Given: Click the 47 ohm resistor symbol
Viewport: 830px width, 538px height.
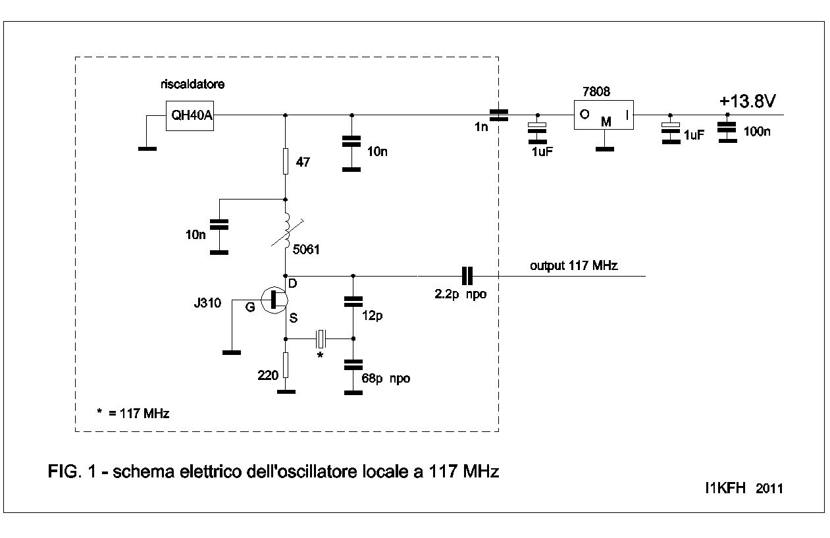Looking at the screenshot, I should coord(285,161).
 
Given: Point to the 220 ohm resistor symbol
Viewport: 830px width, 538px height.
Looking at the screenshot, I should coord(285,365).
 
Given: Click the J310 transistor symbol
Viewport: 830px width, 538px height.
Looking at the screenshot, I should coord(275,300).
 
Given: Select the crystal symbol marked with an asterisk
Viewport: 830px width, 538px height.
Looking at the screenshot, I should coord(321,338).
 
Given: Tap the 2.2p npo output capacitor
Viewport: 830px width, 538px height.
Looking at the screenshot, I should coord(467,276).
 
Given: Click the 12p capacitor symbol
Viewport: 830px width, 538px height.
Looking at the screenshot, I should coord(353,302).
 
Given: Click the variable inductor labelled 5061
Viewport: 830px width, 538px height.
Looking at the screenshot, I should coord(287,234).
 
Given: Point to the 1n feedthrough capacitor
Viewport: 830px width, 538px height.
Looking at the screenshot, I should coord(500,115).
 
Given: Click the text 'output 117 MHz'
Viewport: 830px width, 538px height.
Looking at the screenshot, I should coord(574,265).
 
